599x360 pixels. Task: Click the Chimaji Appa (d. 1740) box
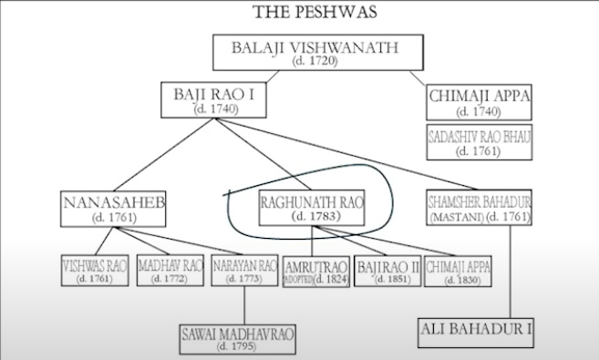479,101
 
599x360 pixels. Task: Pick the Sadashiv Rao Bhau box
479,143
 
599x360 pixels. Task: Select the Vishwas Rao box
94,272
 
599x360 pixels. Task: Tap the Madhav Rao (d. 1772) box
170,272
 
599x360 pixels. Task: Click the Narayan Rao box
243,272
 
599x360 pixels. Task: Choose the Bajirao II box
388,272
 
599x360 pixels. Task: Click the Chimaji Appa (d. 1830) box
460,272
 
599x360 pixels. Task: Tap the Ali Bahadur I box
474,330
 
